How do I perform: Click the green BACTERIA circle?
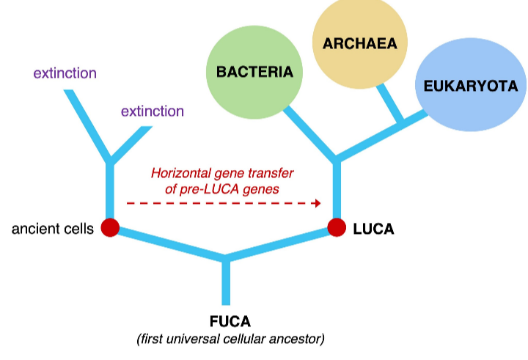(x=254, y=72)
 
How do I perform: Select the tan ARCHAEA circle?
(x=359, y=43)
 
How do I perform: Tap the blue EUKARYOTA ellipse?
(x=471, y=86)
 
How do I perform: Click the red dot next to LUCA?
(x=337, y=228)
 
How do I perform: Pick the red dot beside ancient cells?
(x=110, y=228)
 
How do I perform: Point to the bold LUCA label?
(x=373, y=229)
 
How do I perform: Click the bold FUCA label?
(x=230, y=321)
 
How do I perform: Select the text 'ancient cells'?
(x=53, y=229)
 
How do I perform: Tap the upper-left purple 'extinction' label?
(x=65, y=73)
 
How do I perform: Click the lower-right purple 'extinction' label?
(x=153, y=111)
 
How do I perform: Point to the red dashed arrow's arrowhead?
(x=318, y=203)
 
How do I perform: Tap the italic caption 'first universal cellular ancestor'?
(x=230, y=339)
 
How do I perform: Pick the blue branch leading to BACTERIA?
(x=309, y=132)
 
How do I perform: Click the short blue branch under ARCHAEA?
(x=389, y=103)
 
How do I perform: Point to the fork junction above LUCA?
(x=337, y=159)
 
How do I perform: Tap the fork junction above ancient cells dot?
(x=110, y=160)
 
